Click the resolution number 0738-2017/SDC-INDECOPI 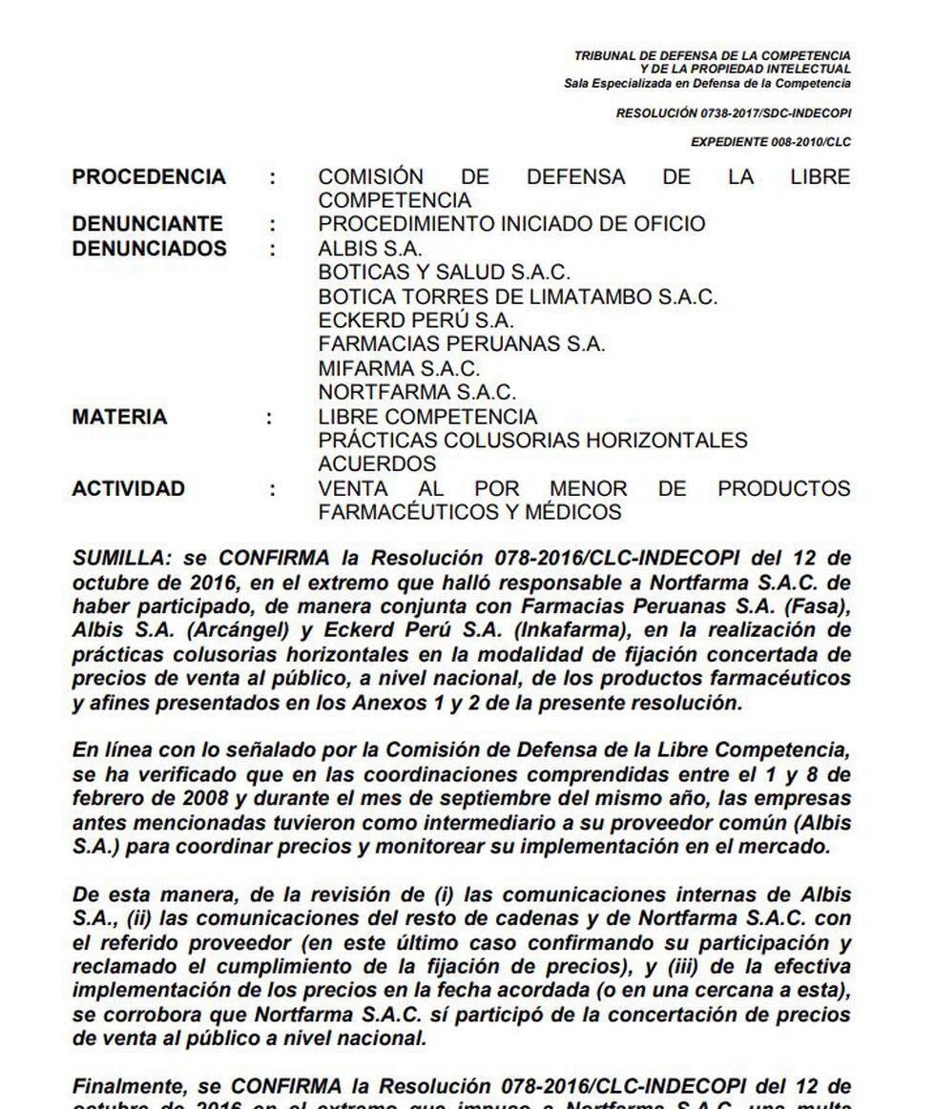point(734,113)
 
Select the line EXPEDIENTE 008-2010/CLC point(771,142)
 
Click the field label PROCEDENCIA point(149,177)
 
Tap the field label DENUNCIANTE point(148,224)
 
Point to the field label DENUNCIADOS point(150,248)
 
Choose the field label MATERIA point(119,417)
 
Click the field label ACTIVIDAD point(129,488)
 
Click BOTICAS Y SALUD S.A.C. point(445,273)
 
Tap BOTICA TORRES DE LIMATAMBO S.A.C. point(517,297)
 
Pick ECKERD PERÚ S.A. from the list point(416,320)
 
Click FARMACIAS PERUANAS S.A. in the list point(462,344)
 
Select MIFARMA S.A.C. point(399,368)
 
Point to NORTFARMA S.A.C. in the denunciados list point(417,392)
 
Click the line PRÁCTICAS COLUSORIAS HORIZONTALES point(532,441)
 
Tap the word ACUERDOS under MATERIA point(377,464)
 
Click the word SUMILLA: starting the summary point(118,558)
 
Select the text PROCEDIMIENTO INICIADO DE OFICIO point(511,224)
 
